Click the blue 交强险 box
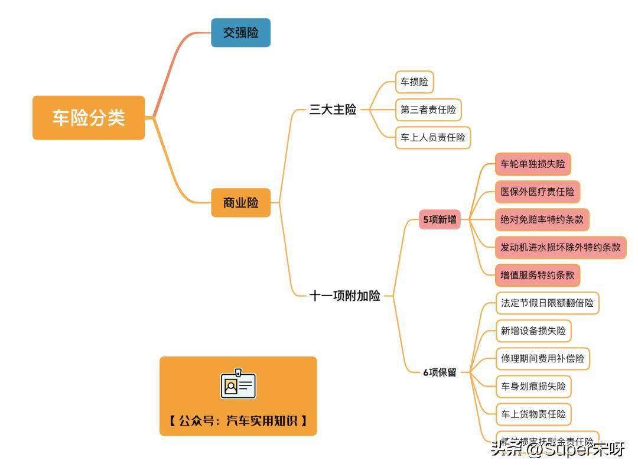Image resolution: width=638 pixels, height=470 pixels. (240, 33)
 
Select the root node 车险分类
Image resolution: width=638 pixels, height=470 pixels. (89, 118)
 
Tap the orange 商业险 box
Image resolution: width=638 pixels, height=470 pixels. (240, 203)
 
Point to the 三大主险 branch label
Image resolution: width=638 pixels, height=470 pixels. (333, 109)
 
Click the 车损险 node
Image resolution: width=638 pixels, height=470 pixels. (414, 82)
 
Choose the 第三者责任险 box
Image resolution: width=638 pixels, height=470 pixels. (428, 110)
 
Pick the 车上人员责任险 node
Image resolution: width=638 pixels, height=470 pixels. (433, 138)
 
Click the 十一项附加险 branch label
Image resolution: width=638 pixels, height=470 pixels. (345, 296)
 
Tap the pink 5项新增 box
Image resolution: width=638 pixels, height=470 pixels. (440, 219)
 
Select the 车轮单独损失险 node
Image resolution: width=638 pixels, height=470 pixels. (533, 164)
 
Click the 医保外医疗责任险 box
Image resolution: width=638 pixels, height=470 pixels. (537, 192)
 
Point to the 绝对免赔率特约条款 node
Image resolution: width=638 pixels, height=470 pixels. (542, 219)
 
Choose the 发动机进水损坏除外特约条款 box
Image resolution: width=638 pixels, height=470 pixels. (561, 247)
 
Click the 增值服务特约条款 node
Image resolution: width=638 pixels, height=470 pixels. (537, 275)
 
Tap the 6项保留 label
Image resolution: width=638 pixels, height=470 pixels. (440, 372)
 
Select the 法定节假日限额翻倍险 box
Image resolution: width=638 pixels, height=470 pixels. (547, 303)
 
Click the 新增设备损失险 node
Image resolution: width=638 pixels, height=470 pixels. (533, 331)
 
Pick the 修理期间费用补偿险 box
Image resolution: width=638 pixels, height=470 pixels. (542, 359)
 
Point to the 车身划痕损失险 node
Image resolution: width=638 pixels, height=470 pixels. (533, 387)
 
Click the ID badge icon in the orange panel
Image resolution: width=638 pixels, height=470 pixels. (238, 385)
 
